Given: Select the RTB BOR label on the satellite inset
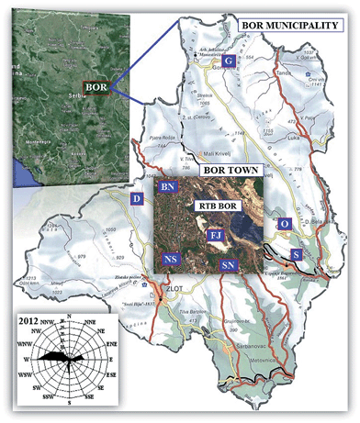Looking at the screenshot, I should pos(219,207).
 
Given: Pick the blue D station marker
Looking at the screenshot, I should pos(137,198).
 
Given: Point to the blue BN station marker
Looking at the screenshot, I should pos(168,187).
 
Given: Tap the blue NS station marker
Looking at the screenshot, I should pos(170,260).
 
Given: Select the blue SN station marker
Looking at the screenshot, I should pos(229,265).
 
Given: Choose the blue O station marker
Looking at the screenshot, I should pos(286,224).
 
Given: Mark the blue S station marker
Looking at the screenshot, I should pos(297,253).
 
